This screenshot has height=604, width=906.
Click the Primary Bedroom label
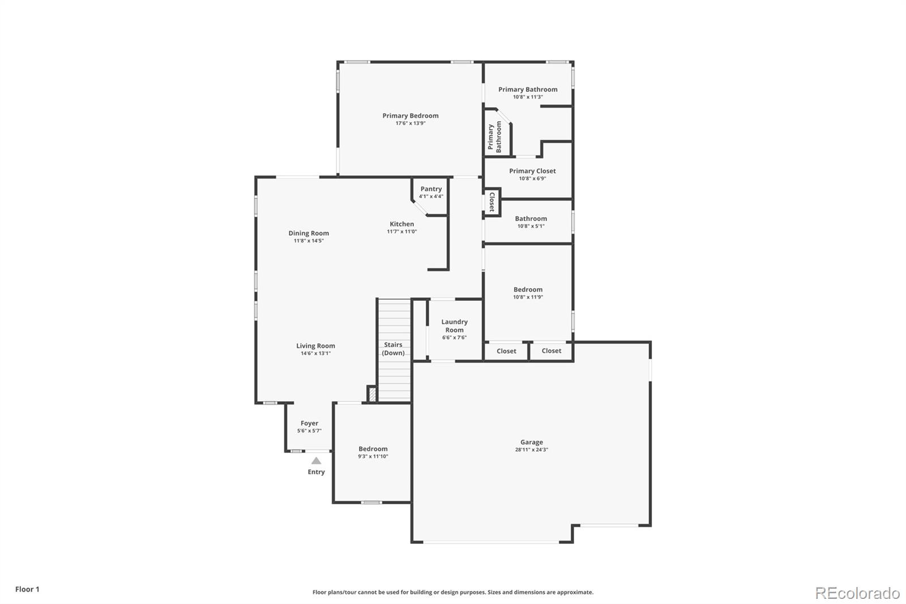[x=410, y=116]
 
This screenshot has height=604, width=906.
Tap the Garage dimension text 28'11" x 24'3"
[x=531, y=450]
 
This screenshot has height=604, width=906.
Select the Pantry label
[x=431, y=189]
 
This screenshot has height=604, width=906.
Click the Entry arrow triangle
[x=316, y=461]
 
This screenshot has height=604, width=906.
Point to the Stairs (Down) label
[x=393, y=348]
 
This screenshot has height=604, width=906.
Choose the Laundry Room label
[x=454, y=326]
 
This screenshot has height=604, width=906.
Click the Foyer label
[x=309, y=423]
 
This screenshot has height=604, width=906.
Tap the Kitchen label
[x=401, y=224]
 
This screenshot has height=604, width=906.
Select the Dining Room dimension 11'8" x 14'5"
[x=309, y=241]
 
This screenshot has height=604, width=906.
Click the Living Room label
[x=315, y=346]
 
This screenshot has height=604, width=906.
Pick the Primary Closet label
[x=532, y=171]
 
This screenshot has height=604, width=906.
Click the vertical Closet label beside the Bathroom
[x=492, y=202]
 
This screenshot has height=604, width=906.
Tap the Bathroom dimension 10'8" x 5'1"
[x=531, y=226]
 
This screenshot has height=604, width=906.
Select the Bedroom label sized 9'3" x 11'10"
[x=373, y=449]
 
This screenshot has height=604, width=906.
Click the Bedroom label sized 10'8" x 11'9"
[x=528, y=290]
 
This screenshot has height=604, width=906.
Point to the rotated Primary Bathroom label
[x=494, y=137]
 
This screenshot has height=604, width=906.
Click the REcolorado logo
[x=857, y=593]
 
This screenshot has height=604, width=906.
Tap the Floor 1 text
[x=27, y=589]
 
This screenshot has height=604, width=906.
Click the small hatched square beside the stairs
[x=372, y=394]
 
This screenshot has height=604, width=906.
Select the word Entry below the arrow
[x=316, y=472]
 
